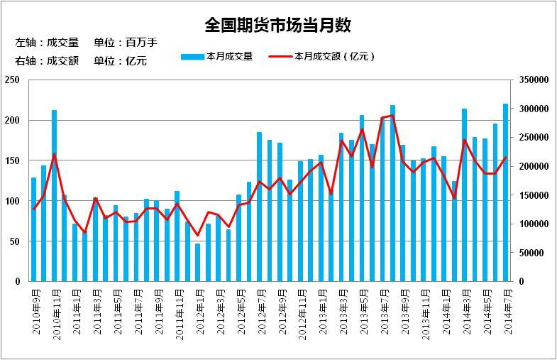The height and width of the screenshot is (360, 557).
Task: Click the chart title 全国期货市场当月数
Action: (x=278, y=25)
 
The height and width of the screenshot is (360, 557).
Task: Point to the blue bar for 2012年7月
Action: (x=260, y=207)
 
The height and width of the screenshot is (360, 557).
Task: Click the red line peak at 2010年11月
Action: (x=54, y=155)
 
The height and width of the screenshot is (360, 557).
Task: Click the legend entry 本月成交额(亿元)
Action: (x=324, y=56)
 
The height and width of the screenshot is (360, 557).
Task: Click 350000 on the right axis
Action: (x=534, y=80)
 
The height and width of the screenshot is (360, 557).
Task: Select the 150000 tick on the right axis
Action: (x=534, y=195)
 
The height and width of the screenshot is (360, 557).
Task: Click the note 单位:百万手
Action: (x=126, y=43)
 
